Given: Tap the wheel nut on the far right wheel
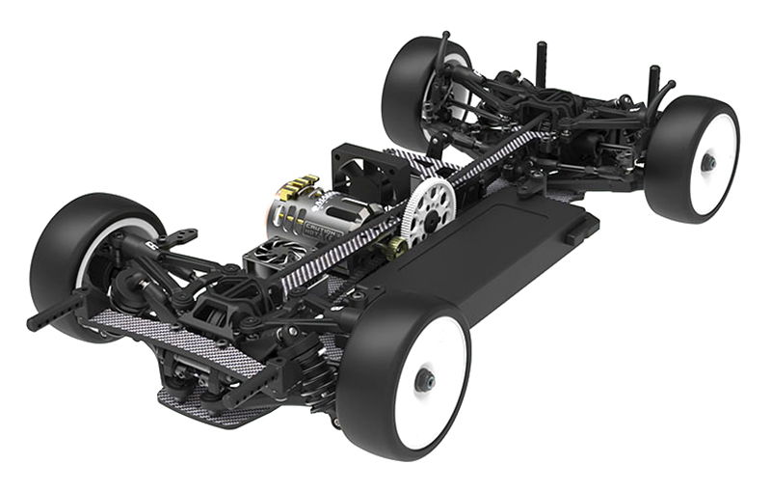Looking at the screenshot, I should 708,162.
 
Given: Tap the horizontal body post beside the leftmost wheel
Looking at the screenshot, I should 58,312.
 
